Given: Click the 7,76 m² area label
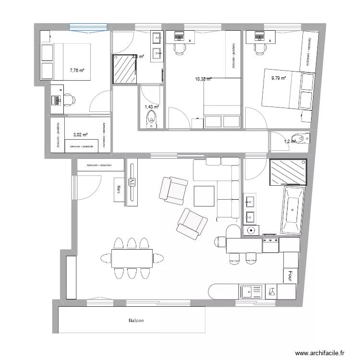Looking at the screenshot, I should click(77, 71).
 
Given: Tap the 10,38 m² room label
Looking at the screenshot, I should click(204, 79).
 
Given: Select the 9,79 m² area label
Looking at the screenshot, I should click(278, 78).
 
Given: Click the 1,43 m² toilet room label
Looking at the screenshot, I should click(151, 107).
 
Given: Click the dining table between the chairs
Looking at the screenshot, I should click(132, 258).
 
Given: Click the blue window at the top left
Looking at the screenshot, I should click(88, 28).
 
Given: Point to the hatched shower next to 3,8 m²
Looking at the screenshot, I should click(124, 69).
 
